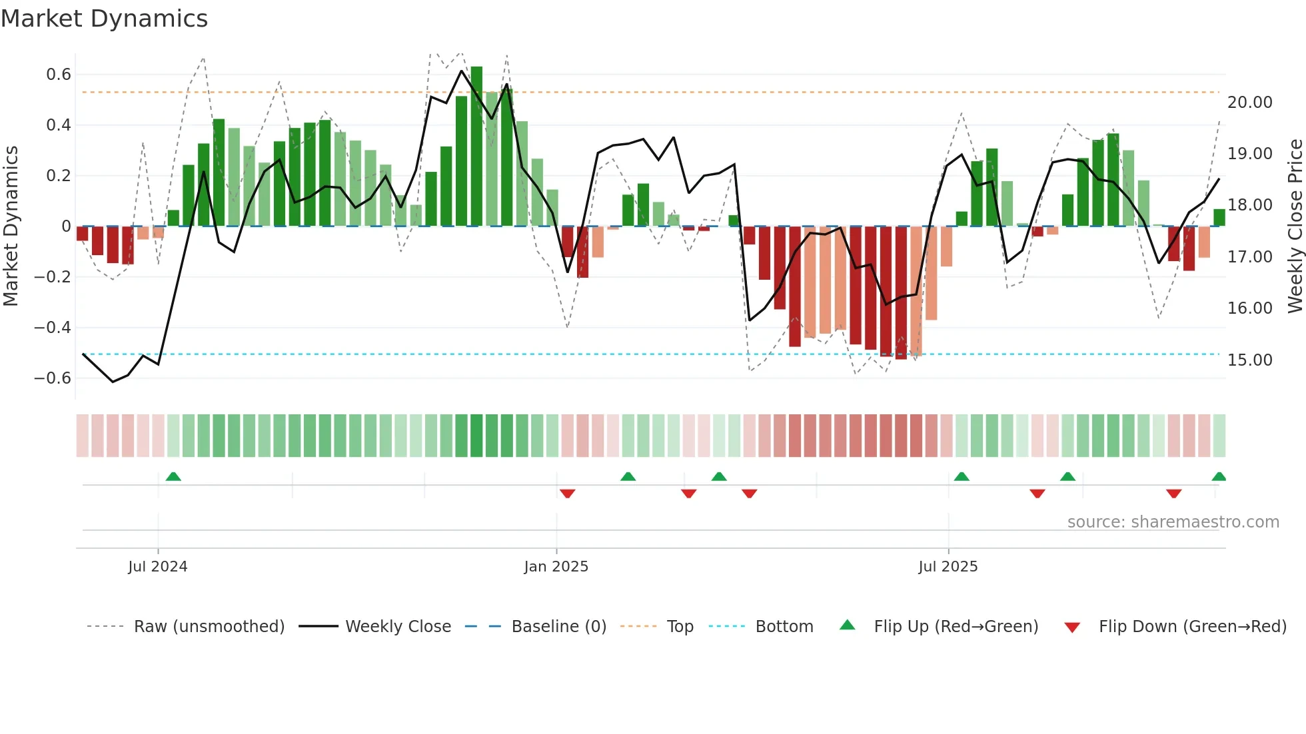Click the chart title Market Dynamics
point(104,19)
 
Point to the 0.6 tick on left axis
point(59,75)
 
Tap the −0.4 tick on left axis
point(53,328)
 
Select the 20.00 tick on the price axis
point(1250,103)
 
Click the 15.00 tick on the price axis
point(1250,360)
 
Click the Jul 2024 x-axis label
point(158,567)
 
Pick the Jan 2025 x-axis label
point(556,567)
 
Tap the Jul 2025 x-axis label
point(948,567)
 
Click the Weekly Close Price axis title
point(1295,226)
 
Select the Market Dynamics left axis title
point(11,226)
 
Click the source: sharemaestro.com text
point(1173,522)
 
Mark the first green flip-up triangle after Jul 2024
point(173,476)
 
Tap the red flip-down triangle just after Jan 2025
point(568,494)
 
